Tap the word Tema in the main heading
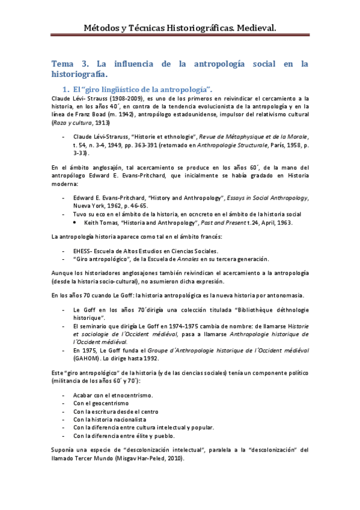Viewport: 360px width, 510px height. tap(63, 63)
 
